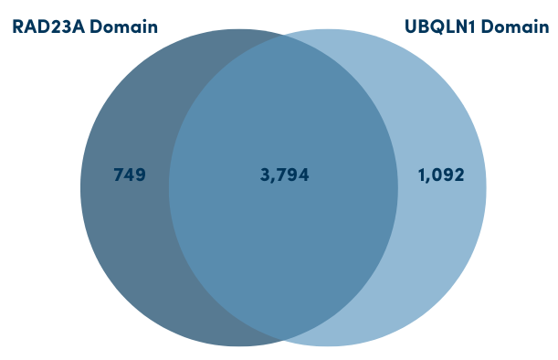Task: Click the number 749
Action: point(130,175)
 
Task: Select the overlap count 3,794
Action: point(285,175)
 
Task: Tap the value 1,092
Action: point(440,175)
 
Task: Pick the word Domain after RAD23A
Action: point(125,26)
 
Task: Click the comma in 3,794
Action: point(271,180)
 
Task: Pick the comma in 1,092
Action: point(426,180)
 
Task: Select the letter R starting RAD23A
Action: point(16,26)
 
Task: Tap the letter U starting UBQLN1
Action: point(409,26)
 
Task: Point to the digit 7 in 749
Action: point(118,175)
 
